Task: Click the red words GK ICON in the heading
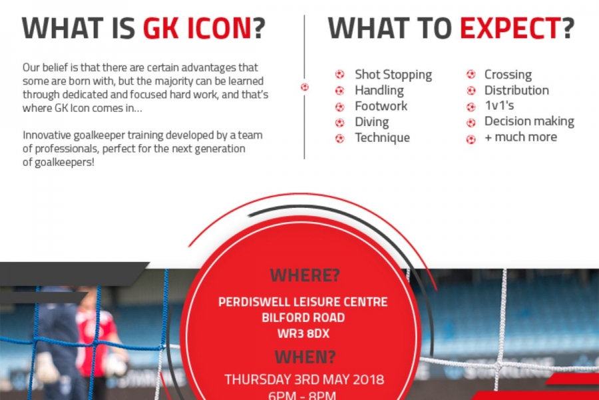(x=198, y=28)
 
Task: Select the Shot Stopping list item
(x=393, y=75)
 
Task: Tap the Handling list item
(x=379, y=90)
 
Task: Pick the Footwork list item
(x=381, y=106)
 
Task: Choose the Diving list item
(x=371, y=122)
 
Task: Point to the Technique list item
(x=382, y=137)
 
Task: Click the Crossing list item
(x=508, y=75)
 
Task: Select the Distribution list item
(x=516, y=90)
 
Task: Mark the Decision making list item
(x=529, y=121)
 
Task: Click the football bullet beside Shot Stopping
(x=339, y=75)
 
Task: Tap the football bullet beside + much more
(x=471, y=138)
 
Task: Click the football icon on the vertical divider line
(x=305, y=87)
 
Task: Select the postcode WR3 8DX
(x=303, y=332)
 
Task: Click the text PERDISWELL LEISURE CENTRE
(x=303, y=302)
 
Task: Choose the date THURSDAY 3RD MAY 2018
(x=304, y=380)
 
